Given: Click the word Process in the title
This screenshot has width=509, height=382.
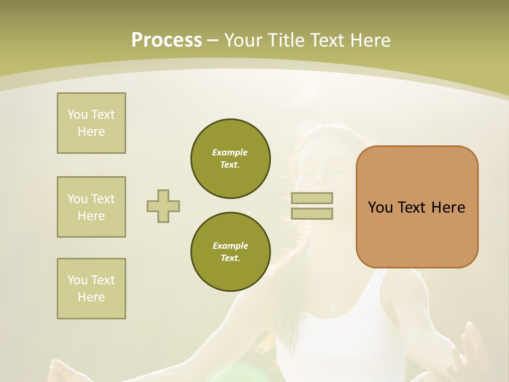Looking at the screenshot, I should (x=166, y=40).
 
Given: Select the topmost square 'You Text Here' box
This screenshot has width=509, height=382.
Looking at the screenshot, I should (x=91, y=123).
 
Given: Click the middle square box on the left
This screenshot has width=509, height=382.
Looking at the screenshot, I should (x=91, y=207).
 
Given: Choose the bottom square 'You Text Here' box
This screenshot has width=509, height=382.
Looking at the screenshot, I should (x=91, y=289).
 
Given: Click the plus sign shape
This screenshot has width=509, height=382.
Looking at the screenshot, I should (x=163, y=206).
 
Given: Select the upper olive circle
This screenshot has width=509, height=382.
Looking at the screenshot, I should (x=230, y=159).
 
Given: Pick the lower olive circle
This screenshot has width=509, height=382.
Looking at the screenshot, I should (x=230, y=252).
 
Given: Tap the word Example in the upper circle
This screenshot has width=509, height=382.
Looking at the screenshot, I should (x=230, y=152).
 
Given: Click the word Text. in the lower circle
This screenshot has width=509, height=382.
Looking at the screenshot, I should (x=230, y=258).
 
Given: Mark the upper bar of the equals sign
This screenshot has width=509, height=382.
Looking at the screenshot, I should (x=312, y=198).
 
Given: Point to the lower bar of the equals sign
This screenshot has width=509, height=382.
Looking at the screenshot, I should (x=312, y=214).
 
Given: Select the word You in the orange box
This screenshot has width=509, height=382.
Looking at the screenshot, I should (x=380, y=207).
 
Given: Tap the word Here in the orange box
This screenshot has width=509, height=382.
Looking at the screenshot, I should (x=448, y=207).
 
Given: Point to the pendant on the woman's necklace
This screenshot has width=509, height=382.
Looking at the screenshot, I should (x=333, y=310).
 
